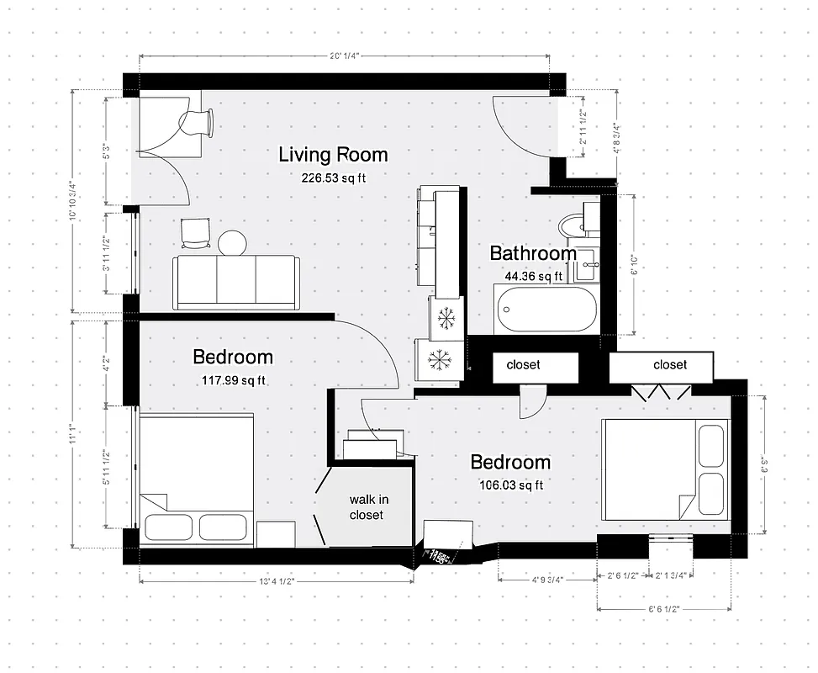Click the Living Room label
point(333,155)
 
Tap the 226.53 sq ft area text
point(333,178)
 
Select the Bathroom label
point(533,253)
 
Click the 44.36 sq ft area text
point(533,275)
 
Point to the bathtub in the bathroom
point(546,310)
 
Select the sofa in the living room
point(235,282)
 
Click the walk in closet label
point(369,506)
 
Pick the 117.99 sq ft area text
point(233,379)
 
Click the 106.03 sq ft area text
point(510,485)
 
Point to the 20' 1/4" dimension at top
point(345,56)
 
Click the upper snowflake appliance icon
point(446,318)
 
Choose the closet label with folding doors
point(670,364)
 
